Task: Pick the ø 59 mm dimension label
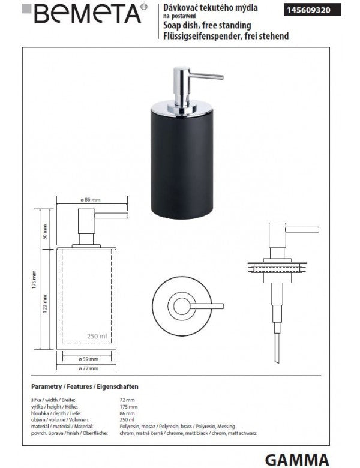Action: pos(88,359)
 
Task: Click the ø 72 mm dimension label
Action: pos(88,368)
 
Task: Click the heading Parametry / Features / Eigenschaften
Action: pos(84,387)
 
